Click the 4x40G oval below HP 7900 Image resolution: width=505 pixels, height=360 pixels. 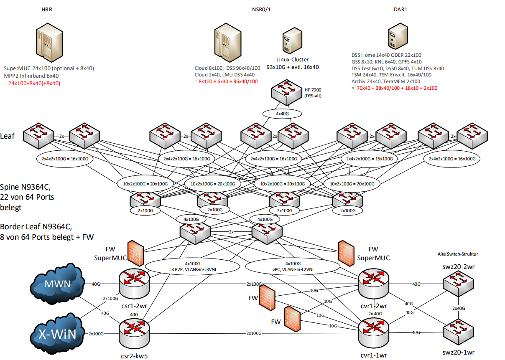pyautogui.click(x=282, y=113)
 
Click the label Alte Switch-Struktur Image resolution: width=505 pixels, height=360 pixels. pyautogui.click(x=458, y=254)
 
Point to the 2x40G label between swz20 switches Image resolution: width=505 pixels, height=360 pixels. pyautogui.click(x=459, y=308)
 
